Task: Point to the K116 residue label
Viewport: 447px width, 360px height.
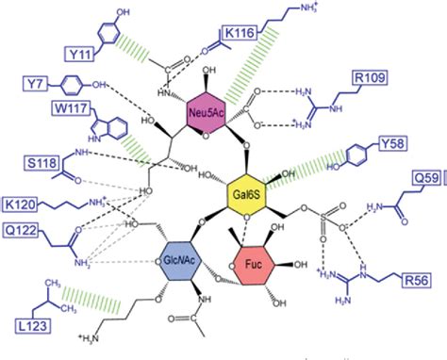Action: coord(244,34)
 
